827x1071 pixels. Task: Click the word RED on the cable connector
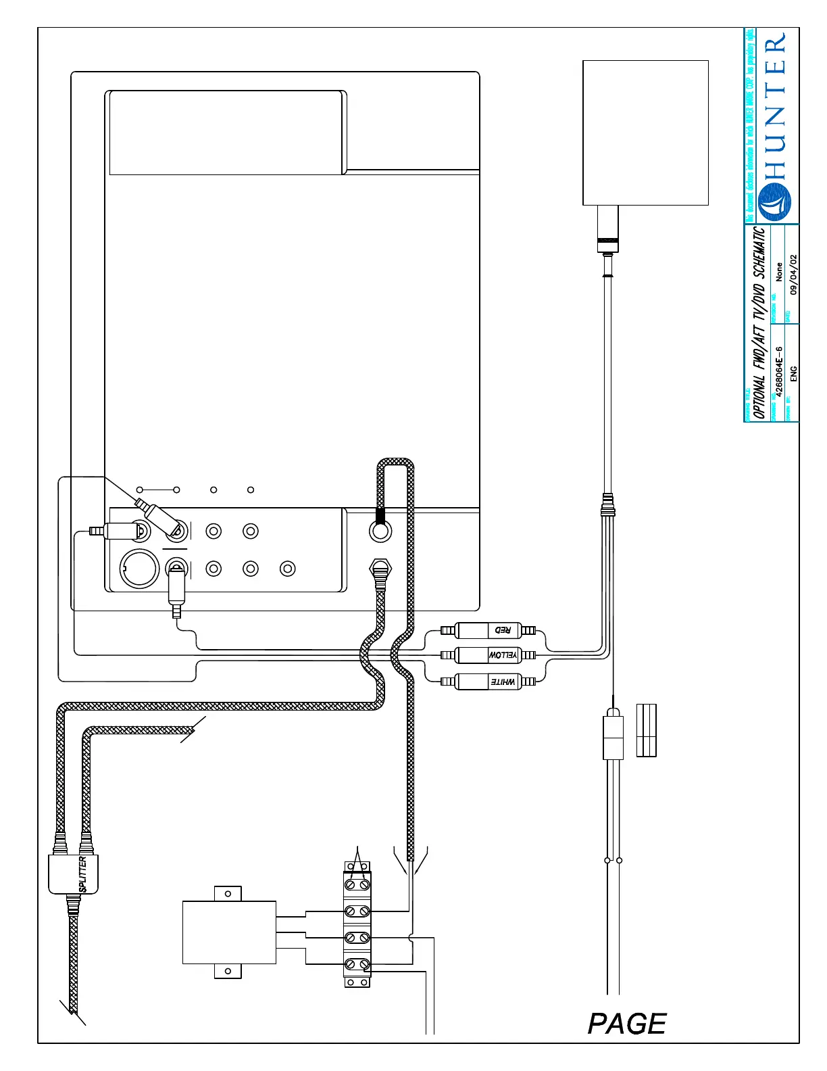(x=503, y=630)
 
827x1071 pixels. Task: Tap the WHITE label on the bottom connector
(x=503, y=682)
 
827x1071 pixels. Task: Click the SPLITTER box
(x=74, y=874)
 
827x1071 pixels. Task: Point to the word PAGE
(x=627, y=1024)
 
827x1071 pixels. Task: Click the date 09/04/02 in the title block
(x=793, y=274)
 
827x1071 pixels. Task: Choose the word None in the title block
(x=779, y=272)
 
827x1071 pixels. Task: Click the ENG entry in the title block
(x=793, y=374)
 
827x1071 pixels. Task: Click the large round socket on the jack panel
(x=139, y=569)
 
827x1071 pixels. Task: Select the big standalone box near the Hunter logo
(x=645, y=133)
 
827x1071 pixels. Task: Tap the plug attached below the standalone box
(x=607, y=230)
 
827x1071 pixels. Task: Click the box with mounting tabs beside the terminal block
(x=229, y=932)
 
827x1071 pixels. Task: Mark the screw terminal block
(x=357, y=924)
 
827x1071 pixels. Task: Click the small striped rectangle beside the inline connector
(x=647, y=730)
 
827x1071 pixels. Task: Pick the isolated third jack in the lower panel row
(x=288, y=569)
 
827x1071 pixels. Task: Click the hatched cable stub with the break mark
(x=139, y=731)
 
